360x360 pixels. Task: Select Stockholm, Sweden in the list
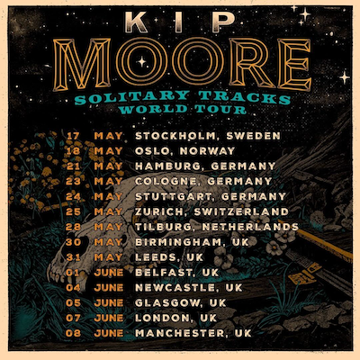206,136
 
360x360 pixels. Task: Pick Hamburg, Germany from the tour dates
205,166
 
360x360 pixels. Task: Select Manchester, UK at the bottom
192,332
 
